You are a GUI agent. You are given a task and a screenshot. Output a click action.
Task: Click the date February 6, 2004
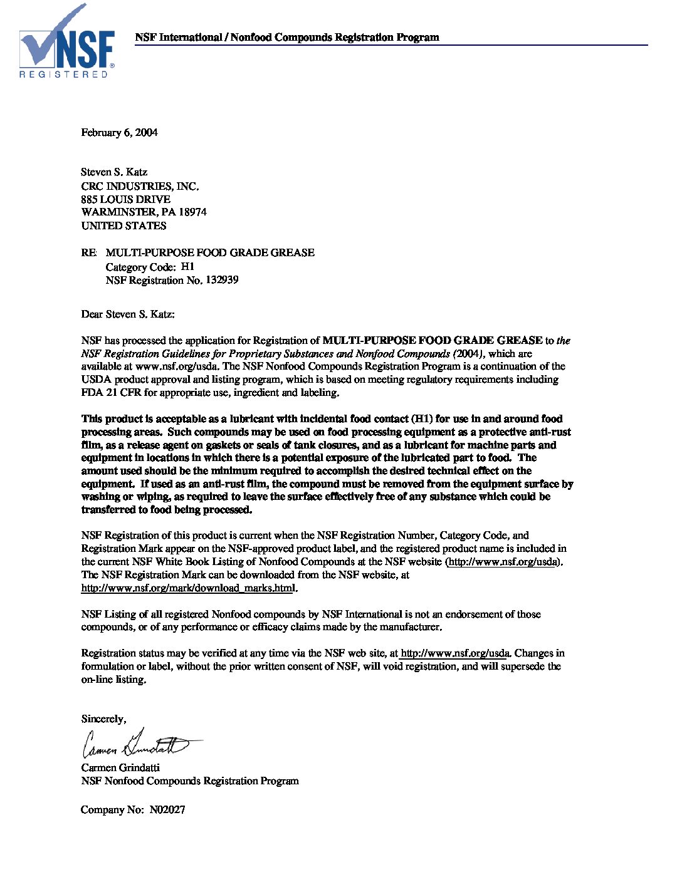(x=119, y=132)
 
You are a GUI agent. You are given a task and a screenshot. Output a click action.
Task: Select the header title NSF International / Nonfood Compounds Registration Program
(x=286, y=37)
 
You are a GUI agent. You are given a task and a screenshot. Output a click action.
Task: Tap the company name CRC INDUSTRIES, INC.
(x=140, y=186)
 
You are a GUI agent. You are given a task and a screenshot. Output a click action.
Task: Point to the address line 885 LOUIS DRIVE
(x=125, y=199)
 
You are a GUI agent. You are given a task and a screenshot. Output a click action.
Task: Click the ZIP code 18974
(x=192, y=212)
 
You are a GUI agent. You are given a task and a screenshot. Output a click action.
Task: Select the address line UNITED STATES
(x=123, y=226)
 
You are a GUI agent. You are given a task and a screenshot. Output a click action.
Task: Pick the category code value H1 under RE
(x=187, y=267)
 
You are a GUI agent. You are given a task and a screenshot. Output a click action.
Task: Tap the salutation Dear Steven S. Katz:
(x=128, y=314)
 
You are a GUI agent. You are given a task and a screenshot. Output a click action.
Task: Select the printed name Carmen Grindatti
(x=120, y=767)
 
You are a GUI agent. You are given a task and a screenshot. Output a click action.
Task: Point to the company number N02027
(x=167, y=809)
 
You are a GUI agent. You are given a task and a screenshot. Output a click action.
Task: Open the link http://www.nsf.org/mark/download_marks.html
(x=187, y=588)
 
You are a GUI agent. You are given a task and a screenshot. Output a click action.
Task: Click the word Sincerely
(x=103, y=719)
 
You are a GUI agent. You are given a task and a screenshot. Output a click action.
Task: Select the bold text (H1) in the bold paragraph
(x=421, y=418)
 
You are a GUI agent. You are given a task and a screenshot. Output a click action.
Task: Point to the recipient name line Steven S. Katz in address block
(x=114, y=172)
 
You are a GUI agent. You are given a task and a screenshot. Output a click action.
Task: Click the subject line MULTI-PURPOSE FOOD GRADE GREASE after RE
(x=210, y=252)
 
